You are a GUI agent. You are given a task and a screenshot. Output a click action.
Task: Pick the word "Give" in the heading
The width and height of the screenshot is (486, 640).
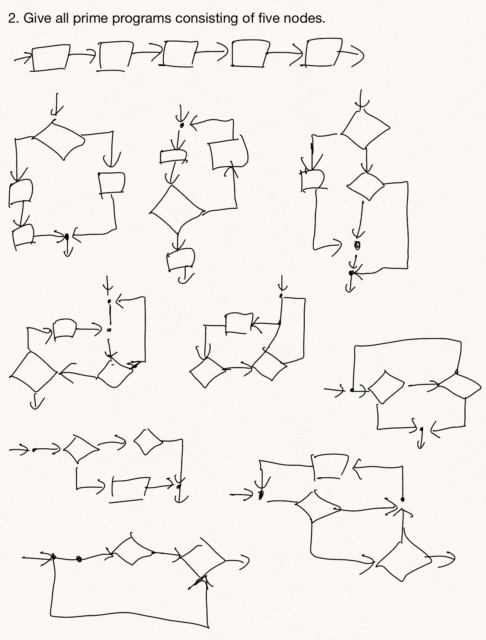[x=36, y=18]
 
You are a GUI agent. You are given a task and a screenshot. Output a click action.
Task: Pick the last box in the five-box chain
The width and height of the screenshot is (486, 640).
[x=321, y=53]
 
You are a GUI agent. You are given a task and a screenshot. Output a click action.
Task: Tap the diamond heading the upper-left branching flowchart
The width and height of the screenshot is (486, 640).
[x=59, y=139]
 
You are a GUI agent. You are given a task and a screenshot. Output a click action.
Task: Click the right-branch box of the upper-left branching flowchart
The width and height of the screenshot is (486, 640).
[x=111, y=183]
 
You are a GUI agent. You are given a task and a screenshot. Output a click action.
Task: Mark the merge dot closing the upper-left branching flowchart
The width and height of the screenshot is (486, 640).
[x=67, y=236]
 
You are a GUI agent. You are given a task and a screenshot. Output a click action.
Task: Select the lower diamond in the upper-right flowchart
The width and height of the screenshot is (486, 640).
[x=365, y=185]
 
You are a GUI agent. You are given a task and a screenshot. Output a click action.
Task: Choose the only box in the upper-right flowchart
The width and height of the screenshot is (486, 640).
[x=312, y=180]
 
